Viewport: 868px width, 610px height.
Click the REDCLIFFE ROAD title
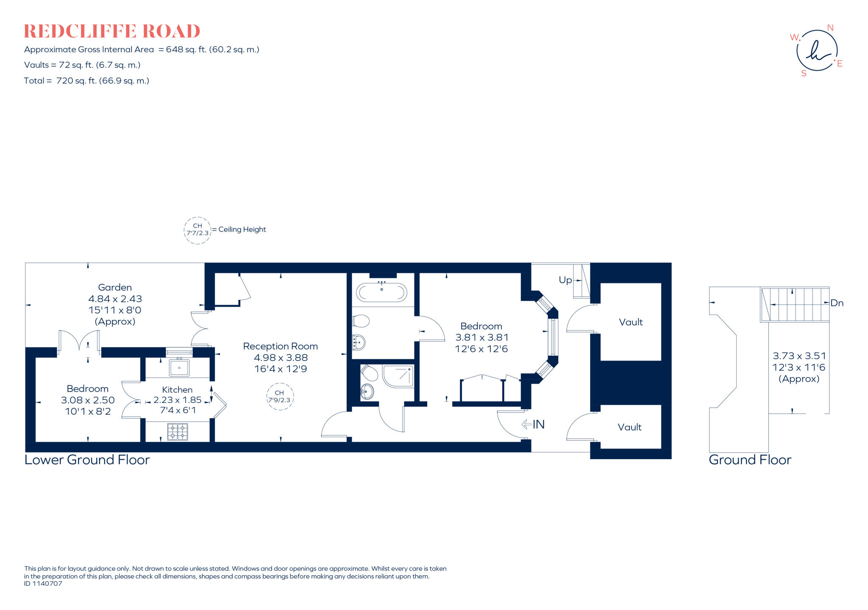(112, 31)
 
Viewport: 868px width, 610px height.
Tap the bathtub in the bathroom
(381, 293)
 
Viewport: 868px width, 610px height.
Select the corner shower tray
(398, 376)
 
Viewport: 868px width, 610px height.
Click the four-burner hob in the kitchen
(178, 432)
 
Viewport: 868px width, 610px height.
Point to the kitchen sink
(179, 368)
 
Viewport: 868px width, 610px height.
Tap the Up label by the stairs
(565, 280)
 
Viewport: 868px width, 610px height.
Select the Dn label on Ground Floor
(837, 303)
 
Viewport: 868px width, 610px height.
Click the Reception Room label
(280, 346)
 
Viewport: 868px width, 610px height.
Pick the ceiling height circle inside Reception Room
(280, 396)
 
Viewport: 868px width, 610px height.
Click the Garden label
(115, 287)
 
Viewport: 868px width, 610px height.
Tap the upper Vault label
(631, 322)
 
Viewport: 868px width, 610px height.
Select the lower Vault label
(629, 427)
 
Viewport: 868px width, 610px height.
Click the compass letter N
(830, 28)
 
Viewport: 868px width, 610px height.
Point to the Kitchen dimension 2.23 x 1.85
(177, 400)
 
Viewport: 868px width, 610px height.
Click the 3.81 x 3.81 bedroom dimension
(482, 338)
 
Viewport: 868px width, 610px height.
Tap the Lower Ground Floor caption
(87, 460)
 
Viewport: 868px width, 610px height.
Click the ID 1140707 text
(43, 584)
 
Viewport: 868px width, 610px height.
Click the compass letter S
(804, 73)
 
